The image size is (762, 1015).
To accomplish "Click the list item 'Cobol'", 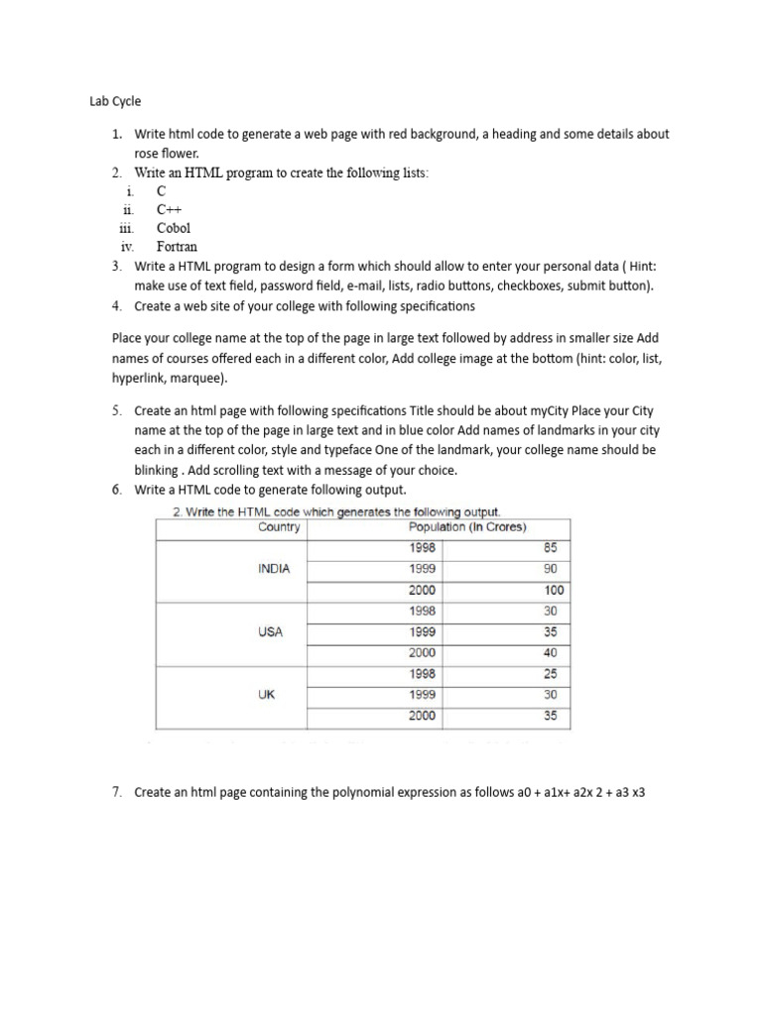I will pyautogui.click(x=174, y=228).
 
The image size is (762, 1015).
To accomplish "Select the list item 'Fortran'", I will pyautogui.click(x=178, y=247).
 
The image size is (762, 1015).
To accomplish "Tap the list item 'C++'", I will pyautogui.click(x=170, y=209).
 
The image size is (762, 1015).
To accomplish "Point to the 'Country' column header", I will pyautogui.click(x=279, y=527).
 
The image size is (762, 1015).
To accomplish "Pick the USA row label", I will pyautogui.click(x=271, y=632).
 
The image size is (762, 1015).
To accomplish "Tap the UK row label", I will pyautogui.click(x=266, y=695).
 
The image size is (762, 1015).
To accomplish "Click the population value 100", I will pyautogui.click(x=554, y=591).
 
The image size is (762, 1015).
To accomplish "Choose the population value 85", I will pyautogui.click(x=551, y=548).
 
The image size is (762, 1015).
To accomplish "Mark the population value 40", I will pyautogui.click(x=551, y=653).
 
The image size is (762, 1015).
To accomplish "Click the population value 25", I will pyautogui.click(x=551, y=674).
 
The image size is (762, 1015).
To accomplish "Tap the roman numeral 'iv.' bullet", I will pyautogui.click(x=127, y=247).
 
